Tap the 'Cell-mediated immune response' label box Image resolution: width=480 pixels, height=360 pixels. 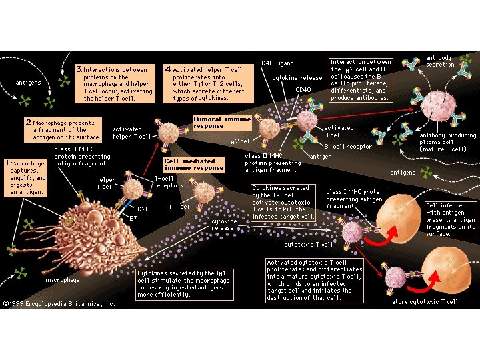[193, 165]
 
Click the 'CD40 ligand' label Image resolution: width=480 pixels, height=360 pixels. [275, 64]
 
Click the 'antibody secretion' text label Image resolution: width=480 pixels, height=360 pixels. [440, 61]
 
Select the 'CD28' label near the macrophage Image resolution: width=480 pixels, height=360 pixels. [141, 209]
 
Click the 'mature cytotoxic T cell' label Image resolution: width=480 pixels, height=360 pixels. [422, 302]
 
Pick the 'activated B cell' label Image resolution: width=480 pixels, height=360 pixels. [339, 131]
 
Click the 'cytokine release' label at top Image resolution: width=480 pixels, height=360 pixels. [297, 78]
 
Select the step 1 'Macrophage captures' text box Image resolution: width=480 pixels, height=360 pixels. [25, 177]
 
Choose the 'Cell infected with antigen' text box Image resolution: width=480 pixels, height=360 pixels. [451, 219]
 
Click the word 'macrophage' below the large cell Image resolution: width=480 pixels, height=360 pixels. [63, 281]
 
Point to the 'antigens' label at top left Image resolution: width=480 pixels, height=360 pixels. [28, 83]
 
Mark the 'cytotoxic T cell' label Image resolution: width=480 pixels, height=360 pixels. [308, 245]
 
